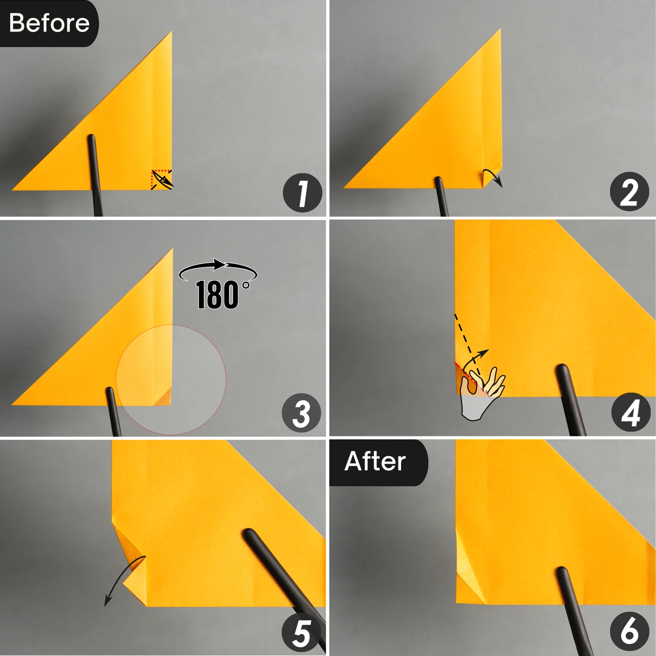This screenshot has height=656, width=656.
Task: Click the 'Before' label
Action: (49, 23)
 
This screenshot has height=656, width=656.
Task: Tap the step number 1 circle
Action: (302, 193)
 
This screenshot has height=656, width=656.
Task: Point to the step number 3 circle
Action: (301, 413)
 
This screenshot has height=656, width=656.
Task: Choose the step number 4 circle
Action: (631, 412)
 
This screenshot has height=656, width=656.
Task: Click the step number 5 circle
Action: (302, 633)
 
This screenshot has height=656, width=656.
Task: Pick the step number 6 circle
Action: (630, 631)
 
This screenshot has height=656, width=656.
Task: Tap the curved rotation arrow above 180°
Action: (218, 268)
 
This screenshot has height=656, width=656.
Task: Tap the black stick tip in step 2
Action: (439, 181)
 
